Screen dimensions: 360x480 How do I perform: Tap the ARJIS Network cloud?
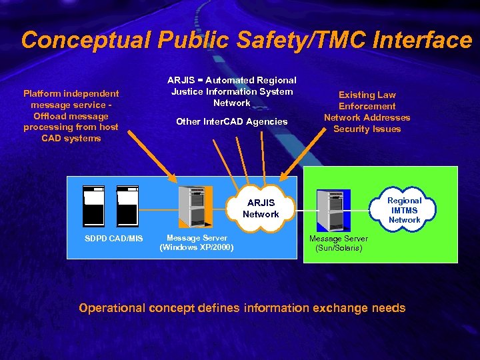(x=261, y=208)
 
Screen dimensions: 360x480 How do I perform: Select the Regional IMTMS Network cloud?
(x=404, y=210)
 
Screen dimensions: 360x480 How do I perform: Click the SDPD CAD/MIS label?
(x=113, y=239)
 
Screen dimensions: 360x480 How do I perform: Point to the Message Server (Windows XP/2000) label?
(x=197, y=243)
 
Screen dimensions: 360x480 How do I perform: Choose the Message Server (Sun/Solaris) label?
(x=339, y=243)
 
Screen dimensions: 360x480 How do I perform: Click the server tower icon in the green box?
(x=333, y=210)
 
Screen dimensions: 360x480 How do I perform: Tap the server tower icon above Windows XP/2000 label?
(x=196, y=207)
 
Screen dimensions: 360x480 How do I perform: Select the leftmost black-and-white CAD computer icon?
(x=94, y=206)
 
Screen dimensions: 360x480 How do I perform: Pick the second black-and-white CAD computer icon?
(x=127, y=206)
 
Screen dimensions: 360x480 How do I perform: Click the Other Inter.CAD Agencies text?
(x=231, y=121)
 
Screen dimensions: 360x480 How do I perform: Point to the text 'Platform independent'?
(x=71, y=94)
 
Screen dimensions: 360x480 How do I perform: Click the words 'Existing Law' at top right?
(x=367, y=95)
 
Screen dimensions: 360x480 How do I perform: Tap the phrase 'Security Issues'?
(x=367, y=129)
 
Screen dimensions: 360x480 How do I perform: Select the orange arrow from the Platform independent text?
(x=152, y=159)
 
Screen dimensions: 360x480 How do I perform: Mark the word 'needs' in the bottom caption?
(x=389, y=308)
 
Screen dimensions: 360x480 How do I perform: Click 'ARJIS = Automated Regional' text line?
(x=231, y=80)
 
